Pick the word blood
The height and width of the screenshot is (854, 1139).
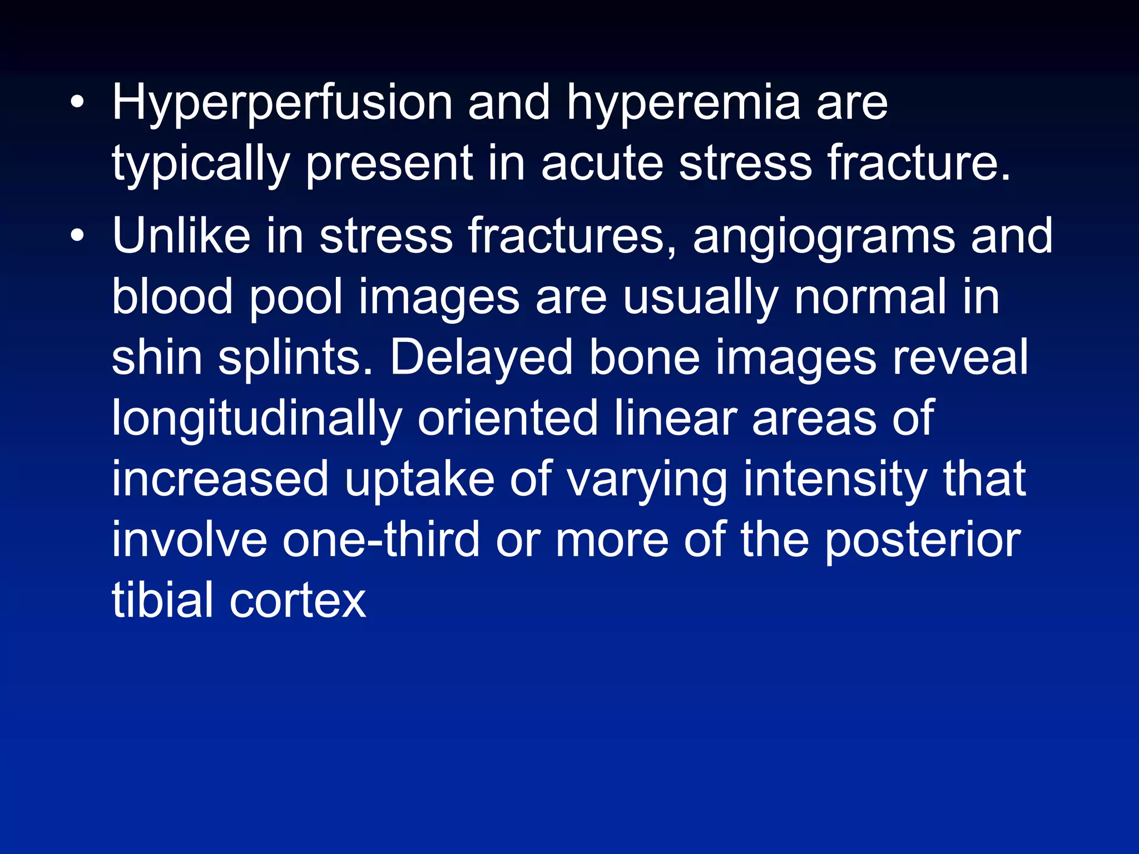point(172,297)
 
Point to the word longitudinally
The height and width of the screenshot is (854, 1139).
point(257,419)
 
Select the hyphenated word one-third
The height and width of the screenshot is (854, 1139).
point(381,539)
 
